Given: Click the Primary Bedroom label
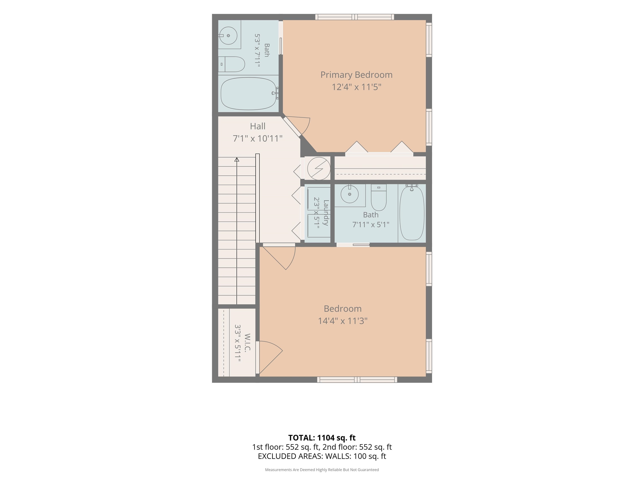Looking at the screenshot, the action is (356, 75).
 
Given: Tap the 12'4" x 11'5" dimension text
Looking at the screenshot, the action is (356, 87).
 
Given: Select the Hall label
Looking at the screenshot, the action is (258, 126).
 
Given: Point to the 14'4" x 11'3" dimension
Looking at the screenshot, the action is (343, 321).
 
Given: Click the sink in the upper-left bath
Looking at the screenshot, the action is (228, 35).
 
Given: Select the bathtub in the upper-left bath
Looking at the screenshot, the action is (248, 93).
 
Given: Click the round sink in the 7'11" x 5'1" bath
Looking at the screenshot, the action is (349, 194).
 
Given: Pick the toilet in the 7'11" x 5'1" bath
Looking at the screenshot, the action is (378, 197).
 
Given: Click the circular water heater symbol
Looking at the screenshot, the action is (319, 168).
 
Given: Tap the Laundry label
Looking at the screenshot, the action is (326, 213).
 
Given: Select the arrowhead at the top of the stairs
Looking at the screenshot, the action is (237, 160).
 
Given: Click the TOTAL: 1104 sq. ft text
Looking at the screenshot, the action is (322, 438).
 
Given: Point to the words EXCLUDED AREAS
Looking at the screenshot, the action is (290, 456).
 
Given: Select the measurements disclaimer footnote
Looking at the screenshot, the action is (322, 470).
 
